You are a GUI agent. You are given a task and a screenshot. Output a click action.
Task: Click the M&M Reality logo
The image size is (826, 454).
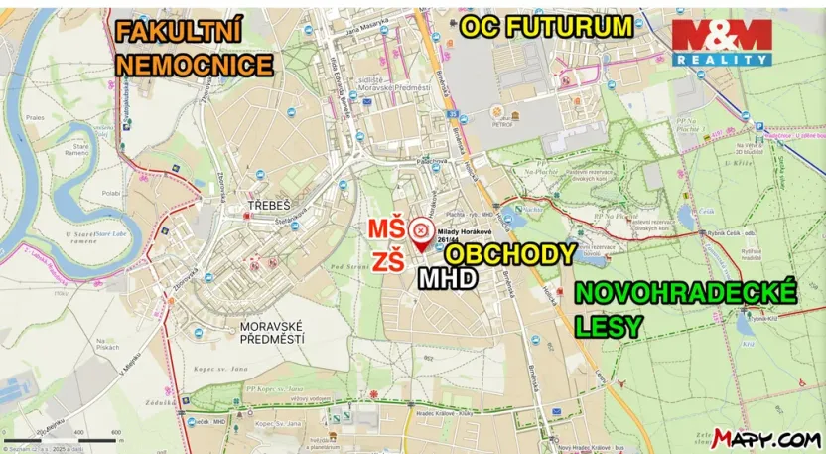pyautogui.click(x=722, y=41)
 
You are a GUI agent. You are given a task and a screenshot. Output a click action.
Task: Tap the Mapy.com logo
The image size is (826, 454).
pyautogui.click(x=765, y=438)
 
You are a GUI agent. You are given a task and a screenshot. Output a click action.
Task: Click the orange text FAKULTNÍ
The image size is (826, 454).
pyautogui.click(x=179, y=32)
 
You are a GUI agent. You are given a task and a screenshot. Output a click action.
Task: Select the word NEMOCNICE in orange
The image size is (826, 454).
pyautogui.click(x=195, y=66)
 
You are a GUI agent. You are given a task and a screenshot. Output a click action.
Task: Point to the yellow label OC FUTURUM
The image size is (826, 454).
pyautogui.click(x=546, y=27)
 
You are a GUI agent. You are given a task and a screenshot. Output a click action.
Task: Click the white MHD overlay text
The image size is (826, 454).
pyautogui.click(x=447, y=279)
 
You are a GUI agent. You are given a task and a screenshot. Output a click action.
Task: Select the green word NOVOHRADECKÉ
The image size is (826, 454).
pyautogui.click(x=685, y=293)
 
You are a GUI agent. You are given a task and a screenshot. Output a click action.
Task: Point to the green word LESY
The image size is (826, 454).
pyautogui.click(x=609, y=325)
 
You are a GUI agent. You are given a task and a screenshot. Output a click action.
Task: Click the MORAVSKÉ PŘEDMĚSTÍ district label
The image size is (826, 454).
pyautogui.click(x=272, y=332)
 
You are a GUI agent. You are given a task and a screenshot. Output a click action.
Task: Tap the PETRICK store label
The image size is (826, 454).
pyautogui.click(x=504, y=124)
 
